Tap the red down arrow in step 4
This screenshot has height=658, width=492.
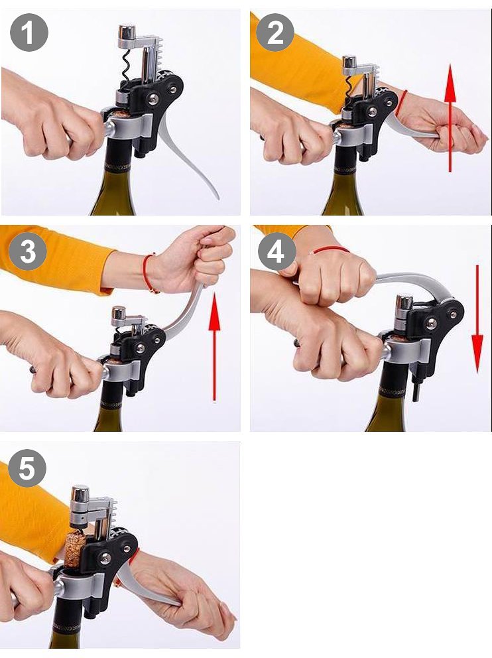coord(477,318)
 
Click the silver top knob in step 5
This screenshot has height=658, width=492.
coord(80,494)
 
